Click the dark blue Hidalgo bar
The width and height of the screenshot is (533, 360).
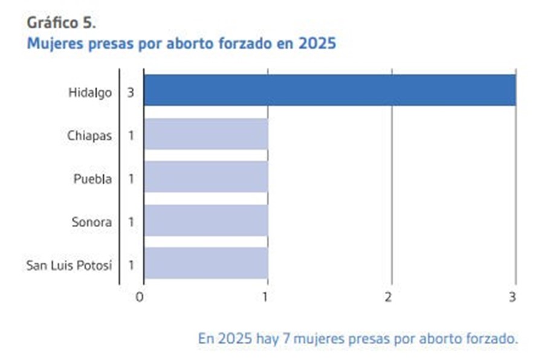pyautogui.click(x=329, y=90)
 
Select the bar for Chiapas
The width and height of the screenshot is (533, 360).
pyautogui.click(x=205, y=133)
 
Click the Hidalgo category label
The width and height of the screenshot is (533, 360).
pyautogui.click(x=89, y=93)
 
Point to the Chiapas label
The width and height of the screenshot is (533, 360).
pyautogui.click(x=89, y=136)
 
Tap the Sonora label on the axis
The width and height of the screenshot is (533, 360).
pyautogui.click(x=91, y=222)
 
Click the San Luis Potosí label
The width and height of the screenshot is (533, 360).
pyautogui.click(x=69, y=265)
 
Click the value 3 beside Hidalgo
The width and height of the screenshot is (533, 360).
pyautogui.click(x=131, y=93)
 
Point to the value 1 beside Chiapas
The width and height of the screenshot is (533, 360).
pyautogui.click(x=131, y=136)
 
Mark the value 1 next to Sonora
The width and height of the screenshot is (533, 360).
pyautogui.click(x=131, y=222)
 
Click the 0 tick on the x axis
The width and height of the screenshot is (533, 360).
pyautogui.click(x=140, y=297)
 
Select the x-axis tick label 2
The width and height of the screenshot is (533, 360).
pyautogui.click(x=389, y=297)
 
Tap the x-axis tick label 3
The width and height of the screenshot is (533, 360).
pyautogui.click(x=513, y=297)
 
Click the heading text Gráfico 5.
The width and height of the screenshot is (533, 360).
pyautogui.click(x=61, y=23)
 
